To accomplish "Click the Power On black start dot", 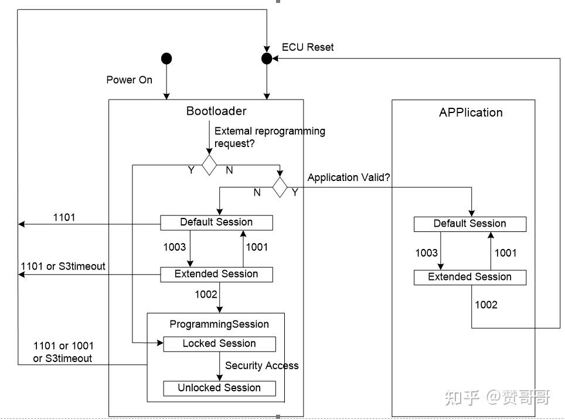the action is pos(166,59).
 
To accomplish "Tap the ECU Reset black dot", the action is pos(267,59).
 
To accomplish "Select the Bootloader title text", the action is pos(216,111).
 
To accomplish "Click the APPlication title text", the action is pos(471,112).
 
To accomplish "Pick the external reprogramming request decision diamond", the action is pos(209,165).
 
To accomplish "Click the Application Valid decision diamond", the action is pos(280,187).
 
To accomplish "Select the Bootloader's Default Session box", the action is pos(216,223).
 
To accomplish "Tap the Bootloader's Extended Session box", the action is pos(216,275).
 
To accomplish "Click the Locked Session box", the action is pos(219,344).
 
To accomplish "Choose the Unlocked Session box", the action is pos(219,388).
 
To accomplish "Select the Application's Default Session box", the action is pos(470,224).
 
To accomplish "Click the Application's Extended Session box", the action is pos(470,277).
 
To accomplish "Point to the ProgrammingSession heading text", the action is pos(219,324).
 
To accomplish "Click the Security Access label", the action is pos(262,366).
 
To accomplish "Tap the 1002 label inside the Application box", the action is pos(486,305).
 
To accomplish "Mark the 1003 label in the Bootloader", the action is pos(175,247).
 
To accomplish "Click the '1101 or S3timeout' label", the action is pos(63,266).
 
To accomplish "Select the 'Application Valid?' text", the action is pos(349,177).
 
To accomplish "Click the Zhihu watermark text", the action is pos(498,398).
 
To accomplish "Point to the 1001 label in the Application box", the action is pos(506,253).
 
